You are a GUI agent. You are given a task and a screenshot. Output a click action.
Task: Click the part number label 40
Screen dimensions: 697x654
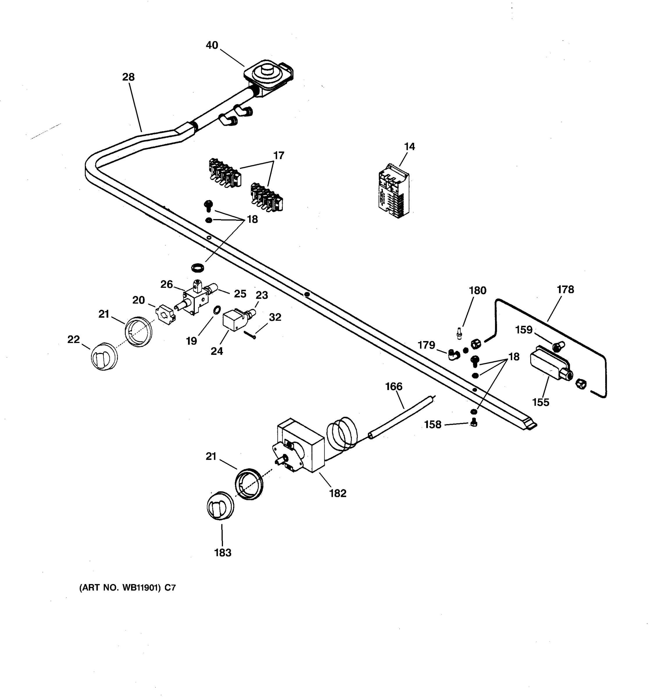(212, 45)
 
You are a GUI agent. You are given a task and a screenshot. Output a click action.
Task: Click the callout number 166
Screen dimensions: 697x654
(394, 386)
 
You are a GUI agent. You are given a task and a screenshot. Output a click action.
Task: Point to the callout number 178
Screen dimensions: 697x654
(565, 290)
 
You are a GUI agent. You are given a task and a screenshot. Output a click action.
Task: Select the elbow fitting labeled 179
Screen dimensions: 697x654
(453, 355)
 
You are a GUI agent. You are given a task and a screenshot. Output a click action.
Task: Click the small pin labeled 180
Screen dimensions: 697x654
(459, 333)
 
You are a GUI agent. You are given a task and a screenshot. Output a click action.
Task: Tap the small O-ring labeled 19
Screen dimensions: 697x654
(217, 310)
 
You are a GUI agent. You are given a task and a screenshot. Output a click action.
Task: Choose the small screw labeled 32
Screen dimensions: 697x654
(251, 335)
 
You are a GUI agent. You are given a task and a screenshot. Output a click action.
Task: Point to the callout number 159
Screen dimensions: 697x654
(523, 330)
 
